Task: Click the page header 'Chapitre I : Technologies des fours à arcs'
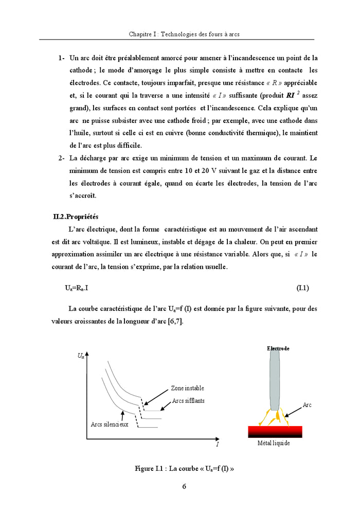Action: point(184,34)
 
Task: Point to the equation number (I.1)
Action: point(302,288)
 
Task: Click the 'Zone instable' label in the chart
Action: point(187,388)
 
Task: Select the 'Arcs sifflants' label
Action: point(188,401)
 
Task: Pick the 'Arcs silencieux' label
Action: point(109,424)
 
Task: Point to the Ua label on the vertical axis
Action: point(81,356)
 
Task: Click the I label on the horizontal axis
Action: point(217,444)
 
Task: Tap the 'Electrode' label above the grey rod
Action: point(278,348)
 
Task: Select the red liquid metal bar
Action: point(275,431)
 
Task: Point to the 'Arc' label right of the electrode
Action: point(307,405)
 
